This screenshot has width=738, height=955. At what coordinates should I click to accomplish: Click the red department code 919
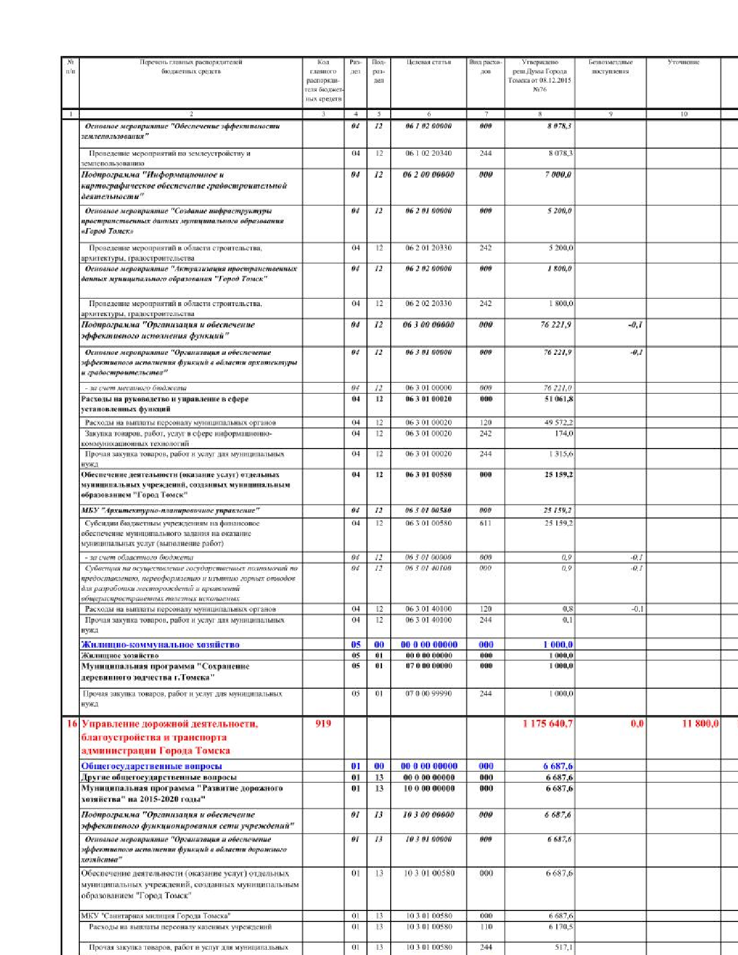tap(323, 723)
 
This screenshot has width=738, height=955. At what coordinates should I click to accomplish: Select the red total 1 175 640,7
tap(548, 723)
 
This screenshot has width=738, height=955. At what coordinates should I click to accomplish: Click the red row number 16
tap(71, 723)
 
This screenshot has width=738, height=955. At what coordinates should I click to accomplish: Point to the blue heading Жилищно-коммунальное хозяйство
tap(160, 644)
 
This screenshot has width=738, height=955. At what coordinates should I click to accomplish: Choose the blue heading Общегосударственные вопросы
tap(152, 766)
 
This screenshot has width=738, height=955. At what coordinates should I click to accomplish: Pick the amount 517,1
tap(563, 947)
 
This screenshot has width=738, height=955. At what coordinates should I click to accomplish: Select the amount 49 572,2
tap(558, 423)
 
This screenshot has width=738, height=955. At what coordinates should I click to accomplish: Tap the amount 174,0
tap(563, 433)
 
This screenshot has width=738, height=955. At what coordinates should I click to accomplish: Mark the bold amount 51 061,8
tap(559, 399)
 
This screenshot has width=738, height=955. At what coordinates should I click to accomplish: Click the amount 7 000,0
tap(558, 174)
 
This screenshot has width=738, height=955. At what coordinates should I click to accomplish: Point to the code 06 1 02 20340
tap(428, 153)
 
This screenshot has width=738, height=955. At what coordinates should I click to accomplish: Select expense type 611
tap(486, 523)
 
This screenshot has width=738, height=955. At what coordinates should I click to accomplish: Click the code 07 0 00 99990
tap(428, 693)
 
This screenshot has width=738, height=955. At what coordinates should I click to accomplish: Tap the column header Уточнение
tap(683, 63)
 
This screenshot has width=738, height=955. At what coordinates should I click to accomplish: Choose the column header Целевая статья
tap(428, 63)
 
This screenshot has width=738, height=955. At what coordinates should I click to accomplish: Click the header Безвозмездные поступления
tap(610, 67)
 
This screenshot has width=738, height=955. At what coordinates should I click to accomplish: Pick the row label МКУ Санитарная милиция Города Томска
tap(156, 916)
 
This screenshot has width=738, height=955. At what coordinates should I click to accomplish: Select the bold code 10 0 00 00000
tap(428, 788)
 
